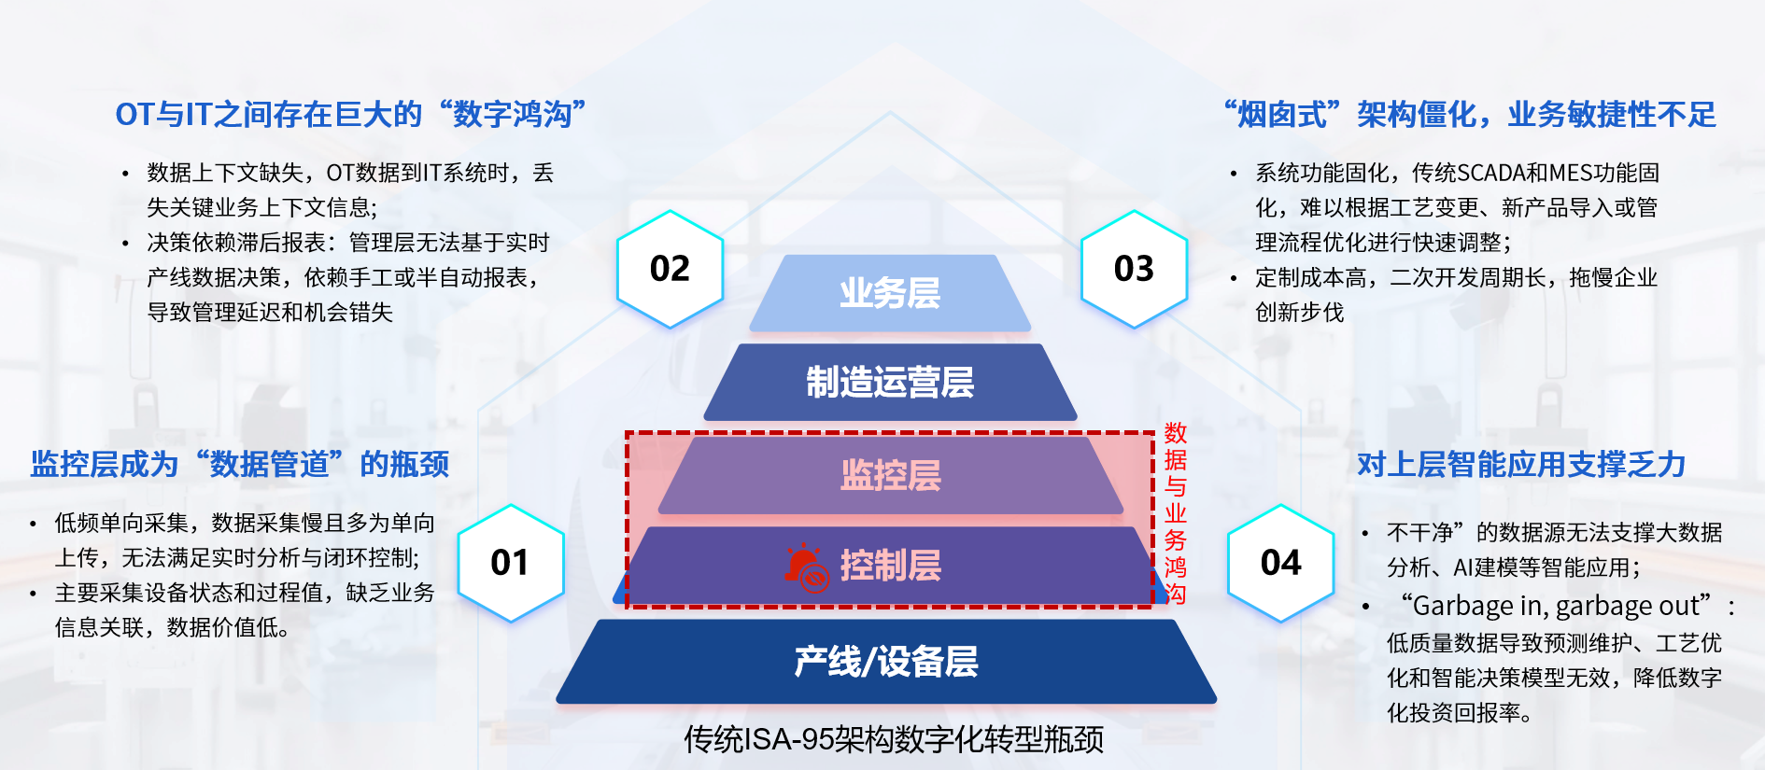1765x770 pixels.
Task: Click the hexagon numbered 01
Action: coord(510,563)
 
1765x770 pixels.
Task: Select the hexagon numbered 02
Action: coord(670,269)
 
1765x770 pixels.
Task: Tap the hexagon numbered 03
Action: coord(1134,269)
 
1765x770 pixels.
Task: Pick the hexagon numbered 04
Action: coord(1280,563)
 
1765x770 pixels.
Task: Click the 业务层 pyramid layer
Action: coord(890,293)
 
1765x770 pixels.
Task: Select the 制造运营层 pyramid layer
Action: coord(890,383)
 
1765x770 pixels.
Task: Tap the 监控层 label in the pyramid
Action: coord(890,475)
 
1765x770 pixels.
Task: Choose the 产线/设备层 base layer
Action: coord(886,662)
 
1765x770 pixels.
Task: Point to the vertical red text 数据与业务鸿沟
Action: coord(1175,512)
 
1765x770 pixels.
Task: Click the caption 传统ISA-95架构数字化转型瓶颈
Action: coord(893,739)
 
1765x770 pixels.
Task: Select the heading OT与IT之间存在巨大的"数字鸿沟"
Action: coord(350,115)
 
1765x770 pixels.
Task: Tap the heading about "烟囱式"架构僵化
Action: coord(1470,115)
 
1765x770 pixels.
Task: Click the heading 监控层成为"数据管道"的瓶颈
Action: coord(239,464)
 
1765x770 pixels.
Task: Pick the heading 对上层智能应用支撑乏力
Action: coord(1520,464)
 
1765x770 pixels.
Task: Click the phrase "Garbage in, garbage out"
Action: coord(1556,607)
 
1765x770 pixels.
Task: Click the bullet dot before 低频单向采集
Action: coord(33,524)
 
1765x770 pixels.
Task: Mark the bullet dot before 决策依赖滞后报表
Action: coord(125,244)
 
